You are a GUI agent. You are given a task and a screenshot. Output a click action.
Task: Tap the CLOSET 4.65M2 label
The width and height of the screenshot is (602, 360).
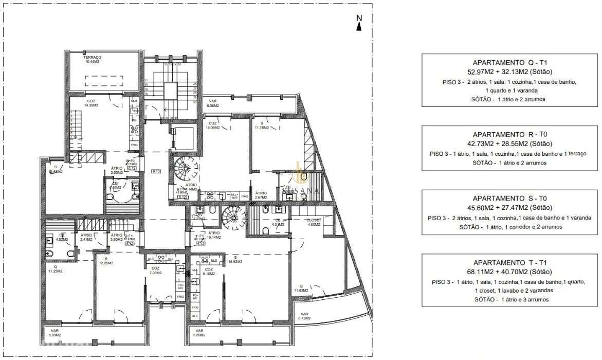[314, 222]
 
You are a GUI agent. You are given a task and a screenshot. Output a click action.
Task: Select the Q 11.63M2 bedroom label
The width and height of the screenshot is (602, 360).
[301, 289]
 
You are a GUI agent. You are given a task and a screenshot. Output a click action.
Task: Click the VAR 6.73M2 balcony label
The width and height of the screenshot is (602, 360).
[304, 316]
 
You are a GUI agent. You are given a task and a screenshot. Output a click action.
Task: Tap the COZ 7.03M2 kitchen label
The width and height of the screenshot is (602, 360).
[155, 271]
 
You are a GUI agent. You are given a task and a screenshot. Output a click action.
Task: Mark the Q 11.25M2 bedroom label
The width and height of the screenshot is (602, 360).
[54, 269]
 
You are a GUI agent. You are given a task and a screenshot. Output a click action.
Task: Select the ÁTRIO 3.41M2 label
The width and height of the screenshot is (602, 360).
[86, 237]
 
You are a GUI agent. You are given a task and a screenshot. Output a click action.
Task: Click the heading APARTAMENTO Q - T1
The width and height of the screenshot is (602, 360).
[510, 62]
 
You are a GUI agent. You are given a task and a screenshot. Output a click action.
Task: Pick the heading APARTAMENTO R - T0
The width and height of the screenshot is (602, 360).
[510, 134]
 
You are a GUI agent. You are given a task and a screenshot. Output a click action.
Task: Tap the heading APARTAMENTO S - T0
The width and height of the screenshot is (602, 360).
[510, 199]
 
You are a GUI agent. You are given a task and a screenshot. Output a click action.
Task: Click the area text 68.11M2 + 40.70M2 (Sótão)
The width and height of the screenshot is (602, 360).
[510, 272]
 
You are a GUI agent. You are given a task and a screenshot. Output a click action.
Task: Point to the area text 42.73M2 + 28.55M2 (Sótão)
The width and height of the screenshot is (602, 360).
[510, 143]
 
